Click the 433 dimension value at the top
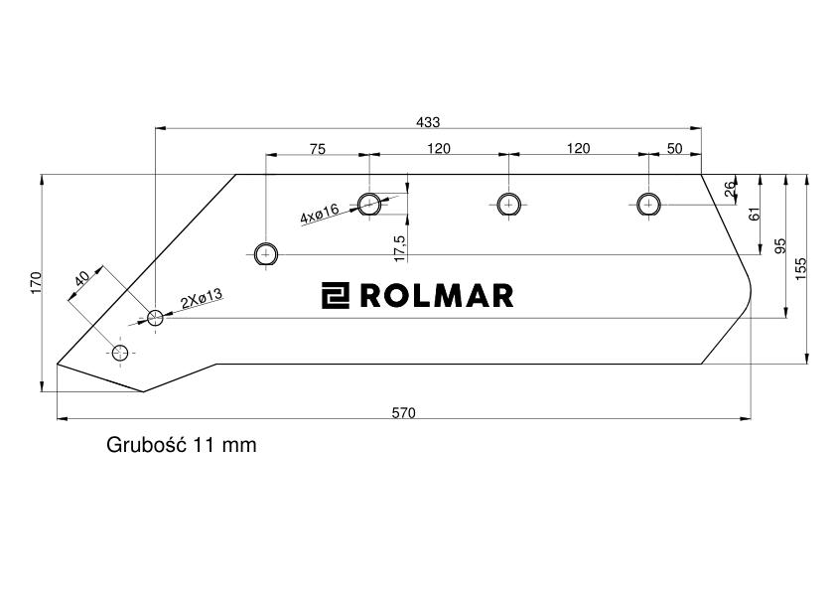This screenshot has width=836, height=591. pos(428,121)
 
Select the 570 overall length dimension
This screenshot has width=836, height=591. pos(403,412)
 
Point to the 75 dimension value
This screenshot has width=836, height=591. pos(317,149)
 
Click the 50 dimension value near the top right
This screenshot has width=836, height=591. pos(674,149)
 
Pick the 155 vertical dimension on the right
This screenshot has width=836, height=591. pos(800,267)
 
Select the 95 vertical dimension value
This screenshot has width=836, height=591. pos(779,244)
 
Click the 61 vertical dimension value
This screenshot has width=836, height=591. pos(754,214)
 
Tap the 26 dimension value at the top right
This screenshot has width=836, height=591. pos(731,188)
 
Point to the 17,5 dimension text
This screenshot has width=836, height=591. pos(399,247)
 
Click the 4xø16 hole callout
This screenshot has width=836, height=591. pos(320,213)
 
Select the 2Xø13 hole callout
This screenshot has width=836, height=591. pos(201,298)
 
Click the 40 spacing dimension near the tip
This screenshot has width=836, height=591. pos(83,279)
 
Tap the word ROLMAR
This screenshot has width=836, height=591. pos(436,295)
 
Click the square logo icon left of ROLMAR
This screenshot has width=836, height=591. pos(335,295)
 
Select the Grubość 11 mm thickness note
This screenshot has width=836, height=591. pos(181,445)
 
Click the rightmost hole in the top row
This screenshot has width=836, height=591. pos(649,204)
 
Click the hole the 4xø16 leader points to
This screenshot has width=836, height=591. pos(369,204)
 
